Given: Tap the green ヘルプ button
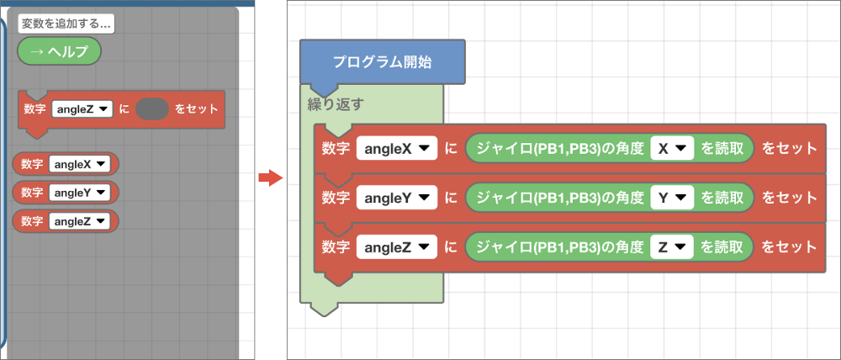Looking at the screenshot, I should [x=59, y=51].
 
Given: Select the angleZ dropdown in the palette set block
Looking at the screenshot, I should [x=82, y=109].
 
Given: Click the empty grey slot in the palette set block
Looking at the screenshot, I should [x=151, y=109].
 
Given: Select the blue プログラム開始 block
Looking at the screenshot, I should [x=382, y=62].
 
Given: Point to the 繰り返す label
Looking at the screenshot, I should [x=336, y=105].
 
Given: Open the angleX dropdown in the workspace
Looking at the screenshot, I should [x=396, y=149].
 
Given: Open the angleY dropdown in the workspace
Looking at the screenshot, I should [x=396, y=199].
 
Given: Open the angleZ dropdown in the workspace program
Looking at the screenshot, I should [x=396, y=247].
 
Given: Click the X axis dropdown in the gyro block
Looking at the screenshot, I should [x=671, y=149].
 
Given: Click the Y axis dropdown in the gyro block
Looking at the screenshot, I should [x=671, y=199].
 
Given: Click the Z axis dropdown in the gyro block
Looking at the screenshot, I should [x=671, y=247].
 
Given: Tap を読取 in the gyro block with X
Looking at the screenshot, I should [x=722, y=149].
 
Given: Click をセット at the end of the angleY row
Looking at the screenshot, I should [x=789, y=199].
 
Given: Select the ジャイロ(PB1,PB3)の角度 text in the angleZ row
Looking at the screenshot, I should [x=560, y=247].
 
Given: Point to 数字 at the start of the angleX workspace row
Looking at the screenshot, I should [x=336, y=149].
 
